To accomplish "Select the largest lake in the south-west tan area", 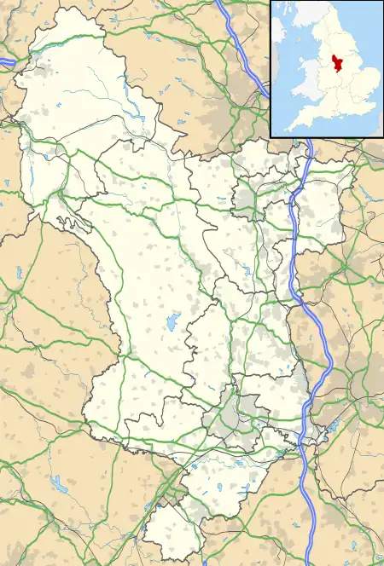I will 61,485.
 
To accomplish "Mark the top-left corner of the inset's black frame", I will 271,1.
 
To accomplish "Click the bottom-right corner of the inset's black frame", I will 383,136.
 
